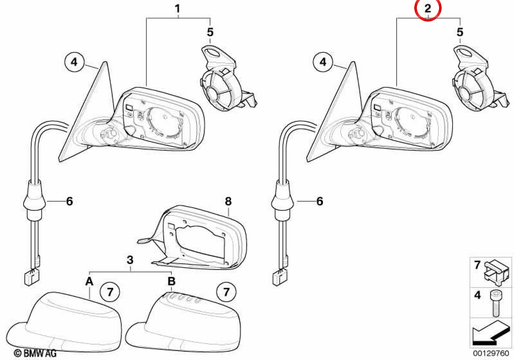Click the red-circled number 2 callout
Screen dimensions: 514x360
pyautogui.click(x=428, y=9)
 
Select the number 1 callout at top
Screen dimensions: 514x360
pyautogui.click(x=177, y=9)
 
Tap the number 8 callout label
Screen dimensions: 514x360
pyautogui.click(x=228, y=201)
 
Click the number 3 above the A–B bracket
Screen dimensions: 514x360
pyautogui.click(x=130, y=260)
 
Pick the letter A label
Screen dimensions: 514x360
pyautogui.click(x=89, y=281)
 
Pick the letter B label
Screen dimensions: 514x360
pyautogui.click(x=171, y=281)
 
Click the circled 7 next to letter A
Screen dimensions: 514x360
pyautogui.click(x=110, y=292)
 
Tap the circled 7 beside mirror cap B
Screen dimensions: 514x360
pyautogui.click(x=226, y=292)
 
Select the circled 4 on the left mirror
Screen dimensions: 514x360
pyautogui.click(x=75, y=62)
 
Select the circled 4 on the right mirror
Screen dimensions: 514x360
pyautogui.click(x=323, y=62)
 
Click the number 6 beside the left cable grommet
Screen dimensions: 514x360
pyautogui.click(x=69, y=201)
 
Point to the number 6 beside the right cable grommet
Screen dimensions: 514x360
pyautogui.click(x=320, y=201)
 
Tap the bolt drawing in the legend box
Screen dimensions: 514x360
pyautogui.click(x=496, y=303)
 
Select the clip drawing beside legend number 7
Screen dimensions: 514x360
pyautogui.click(x=496, y=273)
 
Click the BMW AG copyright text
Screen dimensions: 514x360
pyautogui.click(x=35, y=353)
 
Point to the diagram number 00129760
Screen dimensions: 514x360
pyautogui.click(x=491, y=353)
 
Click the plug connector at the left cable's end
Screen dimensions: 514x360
pyautogui.click(x=32, y=277)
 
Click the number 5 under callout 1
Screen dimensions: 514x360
pyautogui.click(x=210, y=32)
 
